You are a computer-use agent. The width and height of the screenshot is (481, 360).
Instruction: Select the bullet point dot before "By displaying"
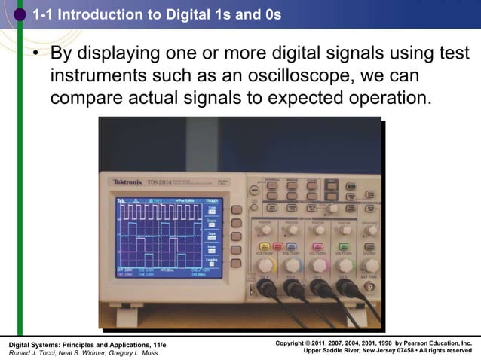[34, 56]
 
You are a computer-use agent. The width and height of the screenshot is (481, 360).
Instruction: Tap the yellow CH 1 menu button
[265, 246]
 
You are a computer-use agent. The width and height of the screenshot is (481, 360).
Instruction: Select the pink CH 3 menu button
[318, 246]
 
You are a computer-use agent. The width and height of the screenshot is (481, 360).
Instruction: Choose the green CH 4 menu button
[345, 246]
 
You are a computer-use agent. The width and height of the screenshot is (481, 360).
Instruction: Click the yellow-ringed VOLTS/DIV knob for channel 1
[265, 265]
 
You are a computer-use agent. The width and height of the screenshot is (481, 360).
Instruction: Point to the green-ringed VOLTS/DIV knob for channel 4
[345, 265]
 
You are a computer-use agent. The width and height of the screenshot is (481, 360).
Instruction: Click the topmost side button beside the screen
[236, 210]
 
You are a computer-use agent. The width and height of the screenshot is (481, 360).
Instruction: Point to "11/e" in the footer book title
[158, 344]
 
